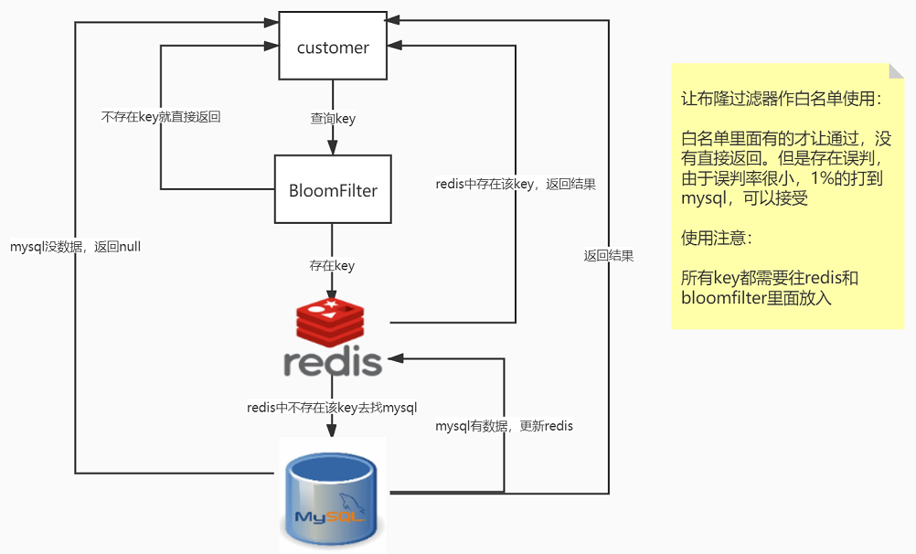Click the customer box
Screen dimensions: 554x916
click(x=333, y=47)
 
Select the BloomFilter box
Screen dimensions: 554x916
click(x=333, y=190)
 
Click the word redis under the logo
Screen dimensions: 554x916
click(x=332, y=362)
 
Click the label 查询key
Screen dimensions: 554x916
click(x=333, y=119)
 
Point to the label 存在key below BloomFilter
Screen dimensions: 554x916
click(x=332, y=266)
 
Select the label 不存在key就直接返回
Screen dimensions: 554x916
click(x=160, y=117)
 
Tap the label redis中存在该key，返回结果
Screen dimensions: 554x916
click(x=516, y=184)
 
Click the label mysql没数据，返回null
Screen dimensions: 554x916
click(x=75, y=247)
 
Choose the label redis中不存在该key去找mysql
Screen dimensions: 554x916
click(x=332, y=408)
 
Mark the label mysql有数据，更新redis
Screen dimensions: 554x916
click(x=504, y=426)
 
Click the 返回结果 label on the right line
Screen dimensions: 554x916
click(x=609, y=256)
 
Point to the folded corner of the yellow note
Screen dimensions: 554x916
click(x=896, y=72)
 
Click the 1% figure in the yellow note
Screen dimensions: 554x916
click(x=812, y=178)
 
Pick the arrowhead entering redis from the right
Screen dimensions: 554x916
click(x=399, y=360)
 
